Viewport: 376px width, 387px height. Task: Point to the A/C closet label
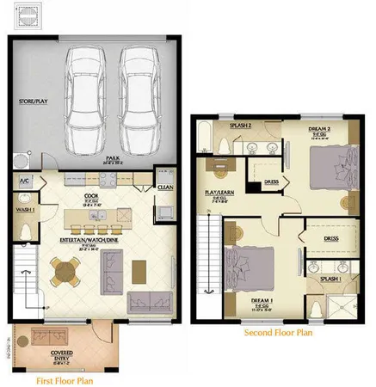25,181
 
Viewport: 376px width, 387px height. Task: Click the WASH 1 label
24,209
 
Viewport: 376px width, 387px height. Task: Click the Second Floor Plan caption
279,331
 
